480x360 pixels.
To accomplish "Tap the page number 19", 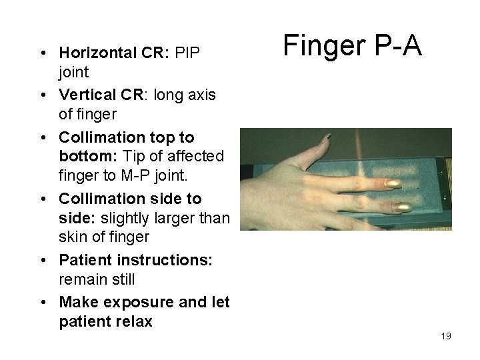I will click(446, 337).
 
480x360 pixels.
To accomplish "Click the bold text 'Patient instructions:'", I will click(136, 260).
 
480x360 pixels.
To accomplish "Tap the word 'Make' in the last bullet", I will click(79, 303).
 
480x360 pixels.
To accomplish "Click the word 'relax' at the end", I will click(133, 321).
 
